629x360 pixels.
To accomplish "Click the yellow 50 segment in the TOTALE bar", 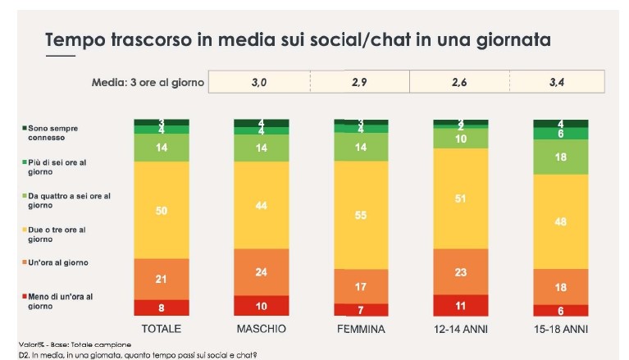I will point(162,210).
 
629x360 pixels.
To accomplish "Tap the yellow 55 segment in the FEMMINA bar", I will point(361,213).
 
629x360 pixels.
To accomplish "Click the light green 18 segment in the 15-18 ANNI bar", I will point(561,157).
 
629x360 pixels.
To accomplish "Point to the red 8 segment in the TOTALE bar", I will point(162,308).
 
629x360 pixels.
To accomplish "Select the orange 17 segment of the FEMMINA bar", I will point(361,286).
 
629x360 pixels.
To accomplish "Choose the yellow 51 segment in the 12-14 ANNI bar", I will point(461,198).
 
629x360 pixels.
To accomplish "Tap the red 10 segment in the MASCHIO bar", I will point(261,305).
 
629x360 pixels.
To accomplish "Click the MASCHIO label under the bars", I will point(261,329).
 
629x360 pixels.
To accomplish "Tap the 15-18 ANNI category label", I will point(561,329).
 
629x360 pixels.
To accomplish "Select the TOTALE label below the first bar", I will point(162,329).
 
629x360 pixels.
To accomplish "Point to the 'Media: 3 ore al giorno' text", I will point(144,83).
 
